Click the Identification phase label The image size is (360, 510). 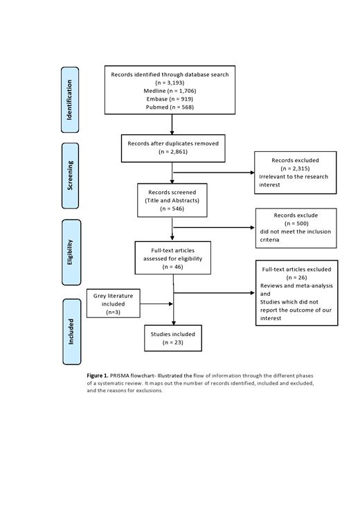click(70, 99)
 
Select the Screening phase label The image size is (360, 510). click(70, 175)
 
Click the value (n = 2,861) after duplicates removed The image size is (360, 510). click(172, 151)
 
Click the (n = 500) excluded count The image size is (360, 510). click(296, 224)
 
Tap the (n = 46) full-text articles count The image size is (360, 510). click(172, 266)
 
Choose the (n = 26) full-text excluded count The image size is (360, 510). click(296, 277)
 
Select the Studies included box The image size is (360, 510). click(173, 338)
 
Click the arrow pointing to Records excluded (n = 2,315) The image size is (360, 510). click(215, 173)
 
